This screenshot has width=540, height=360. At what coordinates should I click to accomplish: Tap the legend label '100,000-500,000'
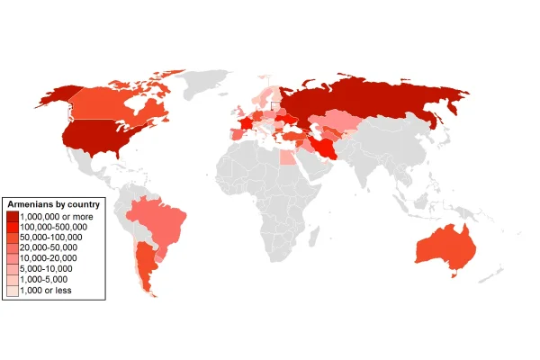click(53, 228)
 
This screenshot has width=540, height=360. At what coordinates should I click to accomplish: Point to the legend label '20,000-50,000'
click(50, 248)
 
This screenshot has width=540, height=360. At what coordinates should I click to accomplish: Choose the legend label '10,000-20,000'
click(50, 258)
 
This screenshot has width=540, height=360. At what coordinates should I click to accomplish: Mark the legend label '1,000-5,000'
click(46, 280)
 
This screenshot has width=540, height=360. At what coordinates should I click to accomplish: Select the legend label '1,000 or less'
click(45, 290)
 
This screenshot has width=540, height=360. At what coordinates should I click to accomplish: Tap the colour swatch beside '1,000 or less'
click(11, 290)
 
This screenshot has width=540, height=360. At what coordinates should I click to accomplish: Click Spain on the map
click(233, 134)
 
